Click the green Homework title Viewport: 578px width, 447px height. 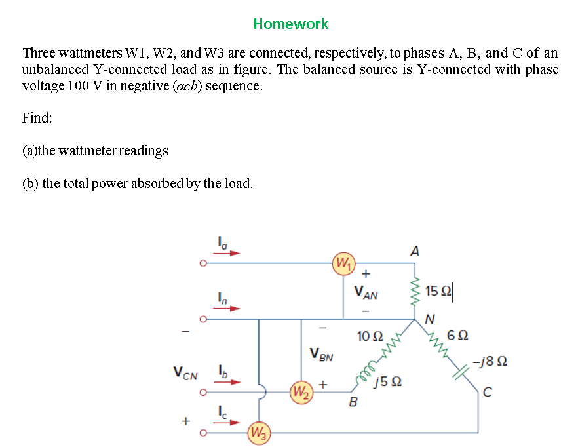coord(291,24)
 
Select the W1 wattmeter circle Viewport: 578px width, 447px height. coord(343,263)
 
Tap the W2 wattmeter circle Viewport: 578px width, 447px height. coord(301,393)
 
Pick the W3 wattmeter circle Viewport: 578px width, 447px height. coord(259,433)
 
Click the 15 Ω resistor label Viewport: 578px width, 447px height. coord(438,291)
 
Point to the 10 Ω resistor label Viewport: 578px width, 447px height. coord(370,336)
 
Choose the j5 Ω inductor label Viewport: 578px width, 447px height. coord(387,381)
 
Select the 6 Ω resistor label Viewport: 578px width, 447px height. coord(457,336)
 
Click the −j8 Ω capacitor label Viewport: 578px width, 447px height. coord(490,360)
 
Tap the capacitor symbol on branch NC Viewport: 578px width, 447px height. coord(461,372)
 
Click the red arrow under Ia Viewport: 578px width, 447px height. coord(226,253)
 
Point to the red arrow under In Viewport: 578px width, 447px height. coord(226,308)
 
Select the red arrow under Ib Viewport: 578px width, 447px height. coord(227,382)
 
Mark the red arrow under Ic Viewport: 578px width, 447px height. coord(227,423)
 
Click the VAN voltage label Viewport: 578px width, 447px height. coord(366,292)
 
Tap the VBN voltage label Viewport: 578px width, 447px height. coord(321,355)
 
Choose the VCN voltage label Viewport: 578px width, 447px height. coord(185,373)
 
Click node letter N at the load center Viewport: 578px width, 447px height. coord(430,319)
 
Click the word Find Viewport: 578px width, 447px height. coord(37,118)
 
